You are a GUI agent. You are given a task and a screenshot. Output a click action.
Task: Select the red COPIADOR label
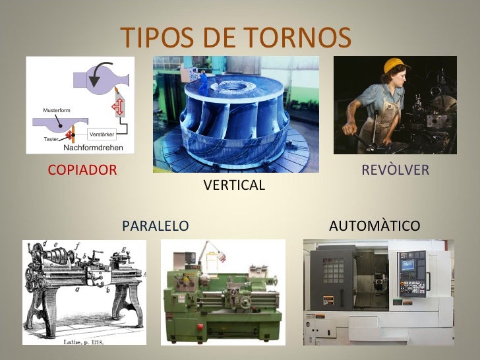[82, 170]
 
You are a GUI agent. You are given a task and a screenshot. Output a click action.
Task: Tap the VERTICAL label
[234, 185]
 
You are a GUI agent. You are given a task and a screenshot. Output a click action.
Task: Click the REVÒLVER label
[395, 170]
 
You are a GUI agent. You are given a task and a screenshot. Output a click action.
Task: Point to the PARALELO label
[156, 226]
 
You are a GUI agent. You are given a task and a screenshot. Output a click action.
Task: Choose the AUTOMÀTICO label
[374, 226]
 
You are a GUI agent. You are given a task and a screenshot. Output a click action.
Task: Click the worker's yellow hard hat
[394, 65]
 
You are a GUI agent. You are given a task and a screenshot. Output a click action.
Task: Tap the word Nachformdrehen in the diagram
[94, 147]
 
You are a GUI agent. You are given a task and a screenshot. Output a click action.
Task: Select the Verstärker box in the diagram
[102, 135]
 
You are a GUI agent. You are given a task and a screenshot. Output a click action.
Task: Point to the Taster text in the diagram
[51, 139]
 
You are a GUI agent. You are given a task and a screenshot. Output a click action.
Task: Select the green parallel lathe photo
[223, 292]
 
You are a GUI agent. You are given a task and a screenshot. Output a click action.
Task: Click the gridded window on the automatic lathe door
[333, 270]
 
